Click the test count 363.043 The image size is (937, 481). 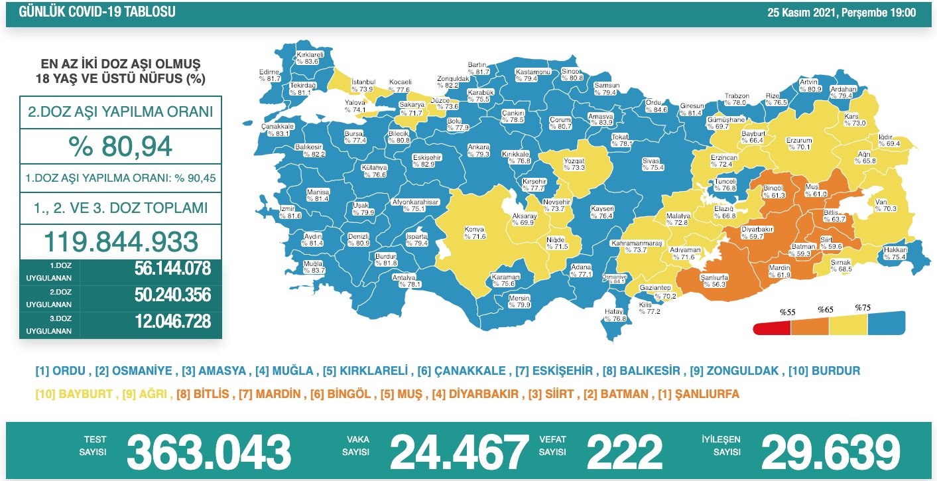[x=209, y=452]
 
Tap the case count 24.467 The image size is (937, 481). [x=459, y=452]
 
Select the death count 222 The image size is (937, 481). [x=624, y=452]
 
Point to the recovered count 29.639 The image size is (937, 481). [x=830, y=452]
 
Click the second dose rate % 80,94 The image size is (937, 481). [x=120, y=146]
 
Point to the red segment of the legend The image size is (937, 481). [x=772, y=328]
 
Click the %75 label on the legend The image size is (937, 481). [x=862, y=308]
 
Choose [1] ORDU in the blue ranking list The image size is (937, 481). [x=61, y=371]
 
